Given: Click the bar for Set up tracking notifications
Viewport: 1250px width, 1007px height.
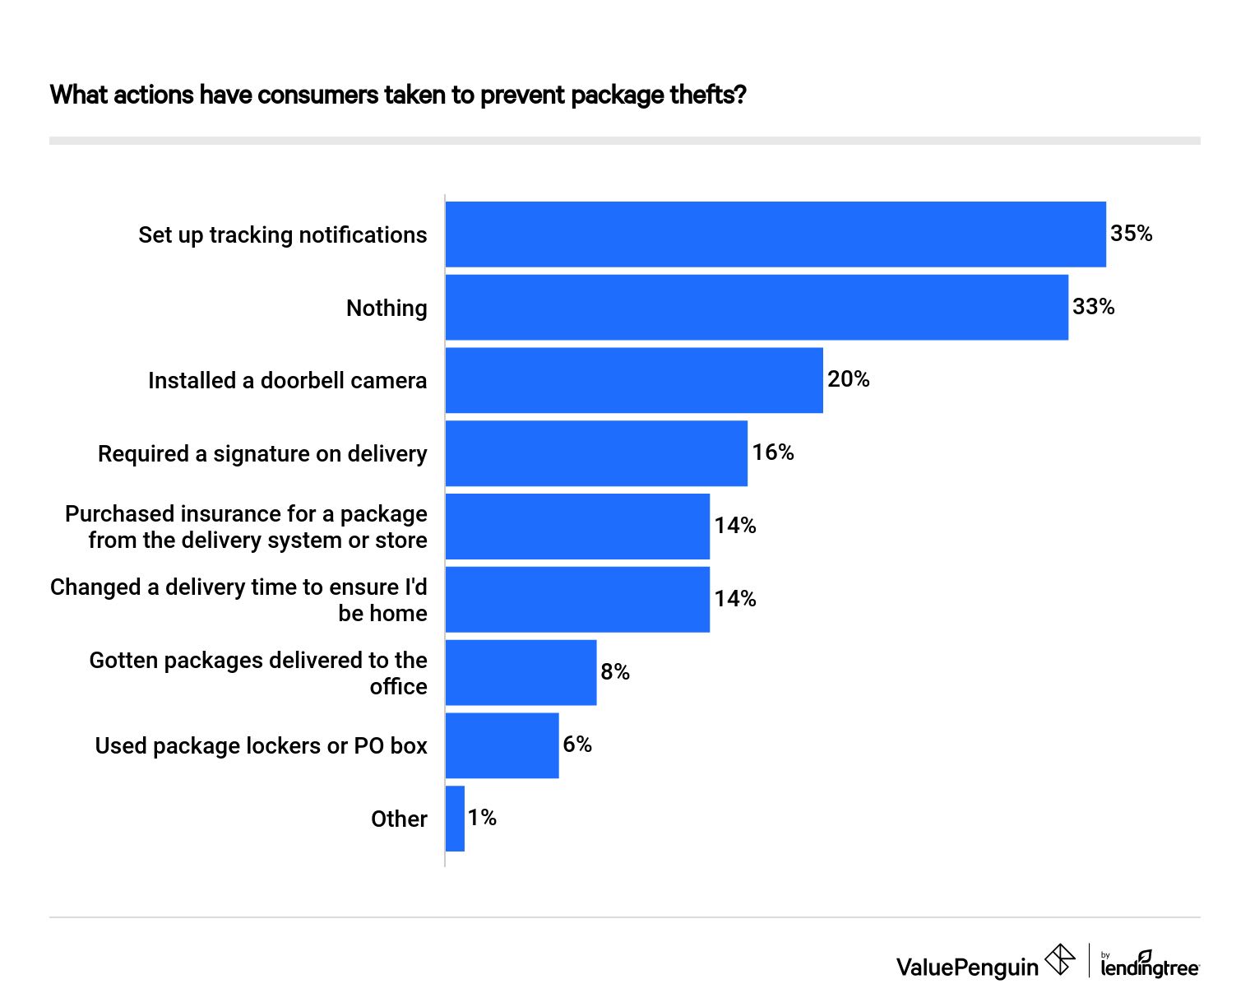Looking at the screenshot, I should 775,234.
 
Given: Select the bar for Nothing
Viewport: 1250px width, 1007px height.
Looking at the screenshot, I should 757,307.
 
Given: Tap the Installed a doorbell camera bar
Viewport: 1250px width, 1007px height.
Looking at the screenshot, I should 634,380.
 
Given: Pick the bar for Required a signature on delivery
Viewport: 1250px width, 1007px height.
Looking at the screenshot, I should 596,453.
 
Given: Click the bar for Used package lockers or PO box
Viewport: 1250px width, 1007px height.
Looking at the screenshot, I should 502,745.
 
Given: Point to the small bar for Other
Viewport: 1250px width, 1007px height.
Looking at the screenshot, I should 455,819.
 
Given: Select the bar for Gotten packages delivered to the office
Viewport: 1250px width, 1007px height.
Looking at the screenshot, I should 521,672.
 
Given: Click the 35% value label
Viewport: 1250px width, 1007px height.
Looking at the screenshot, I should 1131,234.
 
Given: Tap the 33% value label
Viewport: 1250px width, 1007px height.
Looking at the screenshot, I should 1093,307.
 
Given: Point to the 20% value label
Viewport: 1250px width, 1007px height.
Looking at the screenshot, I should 848,379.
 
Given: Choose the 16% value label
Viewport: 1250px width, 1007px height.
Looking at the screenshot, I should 773,452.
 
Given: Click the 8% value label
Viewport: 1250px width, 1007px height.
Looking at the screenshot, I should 614,672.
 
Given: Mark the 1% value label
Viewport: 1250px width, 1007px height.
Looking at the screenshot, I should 482,818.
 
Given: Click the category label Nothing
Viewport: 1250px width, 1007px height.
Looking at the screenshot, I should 387,309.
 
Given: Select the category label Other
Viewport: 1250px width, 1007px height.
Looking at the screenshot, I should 399,819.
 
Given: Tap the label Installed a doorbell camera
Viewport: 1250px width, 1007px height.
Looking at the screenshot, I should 287,381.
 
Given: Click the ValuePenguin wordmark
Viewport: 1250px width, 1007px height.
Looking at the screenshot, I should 967,968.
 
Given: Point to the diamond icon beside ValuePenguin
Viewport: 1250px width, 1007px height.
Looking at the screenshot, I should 1059,959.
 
